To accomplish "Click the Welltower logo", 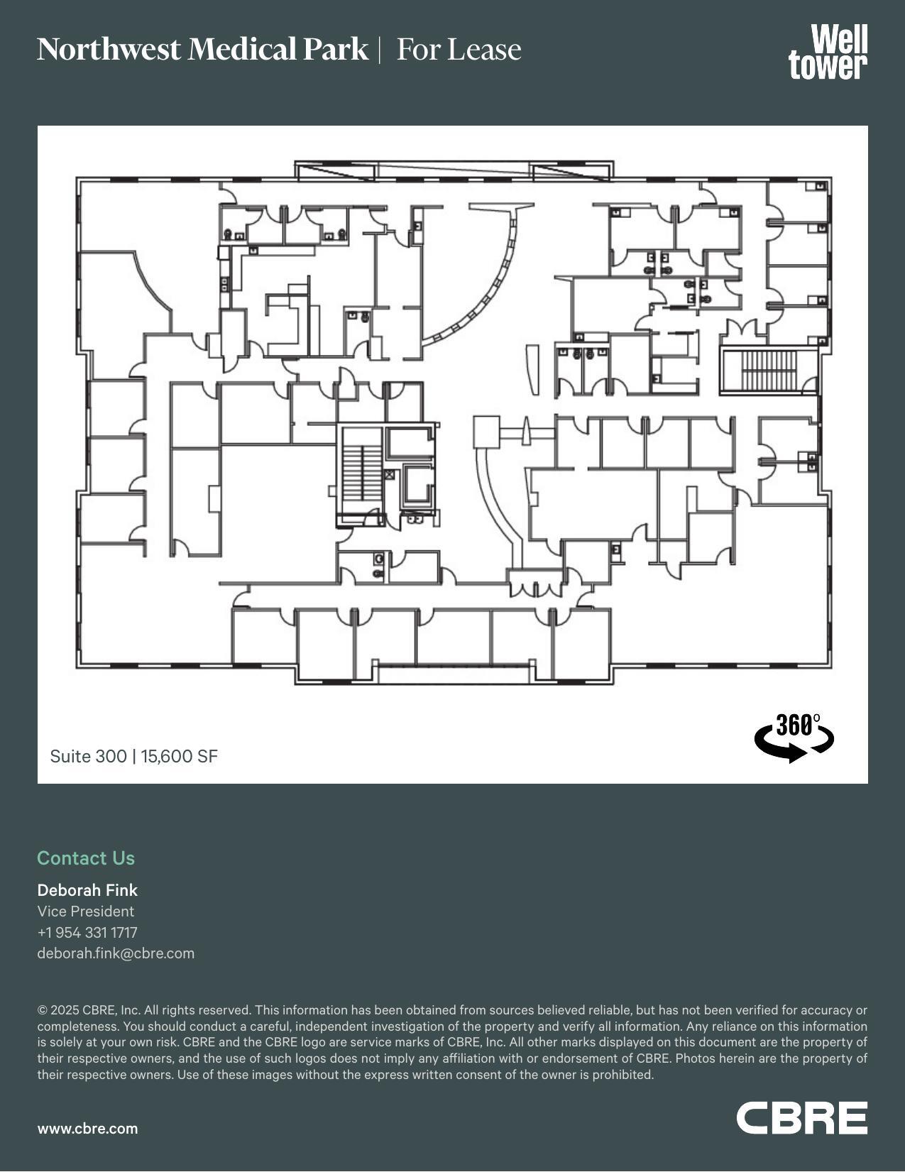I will coord(828,52).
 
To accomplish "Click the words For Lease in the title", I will coord(459,50).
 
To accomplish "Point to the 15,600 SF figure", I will coord(179,756).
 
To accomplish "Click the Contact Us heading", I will coord(86,858).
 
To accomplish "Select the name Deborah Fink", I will coord(87,889).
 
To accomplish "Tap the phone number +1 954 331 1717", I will coord(87,932).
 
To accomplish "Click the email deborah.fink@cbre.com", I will coord(116,953).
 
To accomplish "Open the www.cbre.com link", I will coord(87,1128).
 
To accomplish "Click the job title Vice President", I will coord(85,911).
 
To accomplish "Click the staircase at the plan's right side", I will coord(769,370).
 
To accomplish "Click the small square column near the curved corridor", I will coord(487,432).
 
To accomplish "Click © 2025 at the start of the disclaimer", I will coord(58,1009).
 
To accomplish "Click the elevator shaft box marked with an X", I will coord(389,474).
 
